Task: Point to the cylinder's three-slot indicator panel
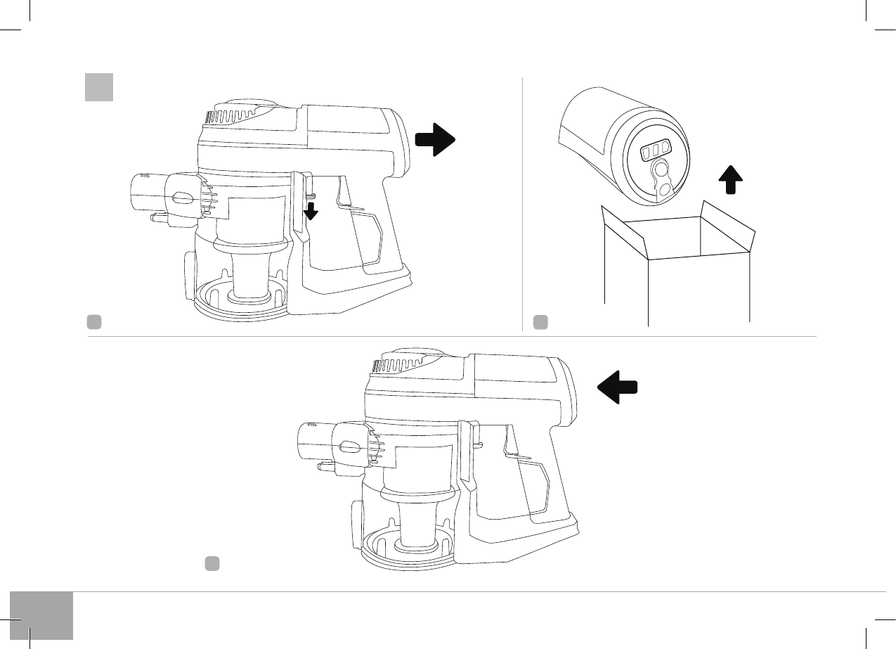(655, 150)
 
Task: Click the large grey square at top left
(99, 87)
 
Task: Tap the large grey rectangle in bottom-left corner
(41, 615)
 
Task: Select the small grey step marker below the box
(540, 322)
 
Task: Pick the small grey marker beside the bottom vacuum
(212, 563)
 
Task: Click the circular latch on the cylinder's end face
(661, 170)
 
